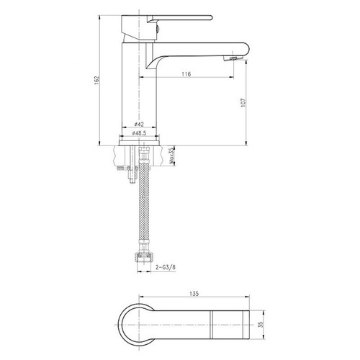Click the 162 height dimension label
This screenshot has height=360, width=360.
[96, 81]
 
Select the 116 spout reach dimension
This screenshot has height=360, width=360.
[186, 74]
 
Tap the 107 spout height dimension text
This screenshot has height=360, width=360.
[243, 102]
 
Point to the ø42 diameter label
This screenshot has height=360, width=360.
[139, 125]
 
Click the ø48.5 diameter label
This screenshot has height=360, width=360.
[139, 133]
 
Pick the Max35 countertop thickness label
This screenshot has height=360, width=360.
[171, 156]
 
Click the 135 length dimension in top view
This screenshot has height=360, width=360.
[194, 293]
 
